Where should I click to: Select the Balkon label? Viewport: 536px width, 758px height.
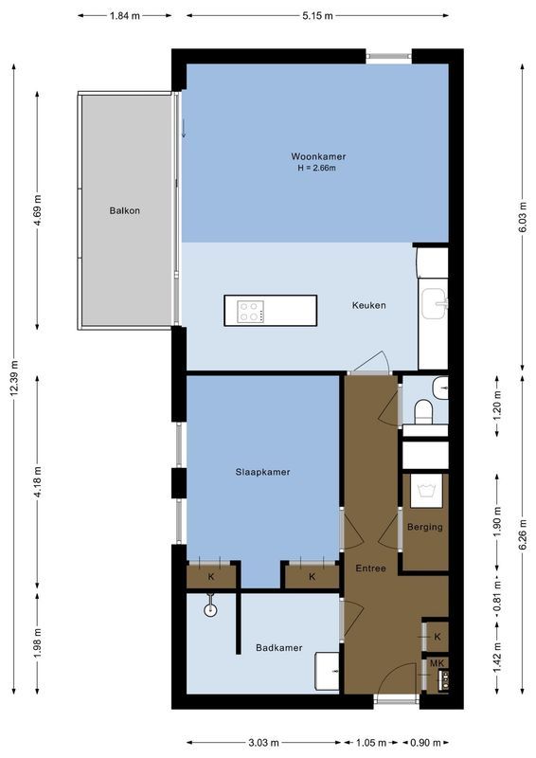click(124, 210)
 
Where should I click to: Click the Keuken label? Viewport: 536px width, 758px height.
click(368, 305)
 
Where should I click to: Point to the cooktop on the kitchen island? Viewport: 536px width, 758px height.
click(251, 311)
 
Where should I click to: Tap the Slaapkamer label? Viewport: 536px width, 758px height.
click(262, 472)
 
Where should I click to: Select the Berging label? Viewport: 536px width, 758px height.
click(425, 527)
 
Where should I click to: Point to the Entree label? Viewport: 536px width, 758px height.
click(370, 568)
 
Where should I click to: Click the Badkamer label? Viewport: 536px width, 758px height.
click(279, 648)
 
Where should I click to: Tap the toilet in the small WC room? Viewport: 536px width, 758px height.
click(424, 409)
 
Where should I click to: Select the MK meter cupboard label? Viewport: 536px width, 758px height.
click(437, 662)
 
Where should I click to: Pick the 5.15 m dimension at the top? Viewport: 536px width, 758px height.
click(318, 16)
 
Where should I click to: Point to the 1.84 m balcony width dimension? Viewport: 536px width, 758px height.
click(125, 16)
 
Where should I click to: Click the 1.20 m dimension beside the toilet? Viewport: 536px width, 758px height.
click(497, 405)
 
